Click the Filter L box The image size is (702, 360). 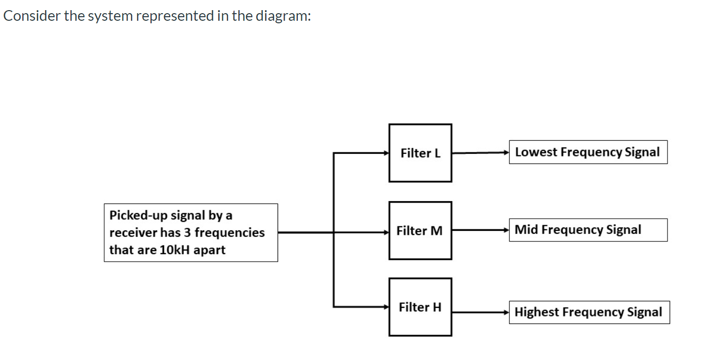[420, 153]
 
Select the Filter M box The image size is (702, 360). [420, 231]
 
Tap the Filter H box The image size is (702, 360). [420, 307]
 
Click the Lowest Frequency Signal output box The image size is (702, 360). [588, 152]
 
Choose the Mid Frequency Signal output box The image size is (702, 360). [588, 230]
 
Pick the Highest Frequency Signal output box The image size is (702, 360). [589, 312]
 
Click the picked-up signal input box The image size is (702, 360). [190, 232]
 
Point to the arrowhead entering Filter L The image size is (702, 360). [385, 152]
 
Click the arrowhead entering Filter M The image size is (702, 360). [385, 232]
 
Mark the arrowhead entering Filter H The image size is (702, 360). [385, 306]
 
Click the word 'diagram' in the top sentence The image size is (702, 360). [282, 16]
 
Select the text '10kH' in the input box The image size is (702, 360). [175, 250]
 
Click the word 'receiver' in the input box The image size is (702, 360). [133, 233]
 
